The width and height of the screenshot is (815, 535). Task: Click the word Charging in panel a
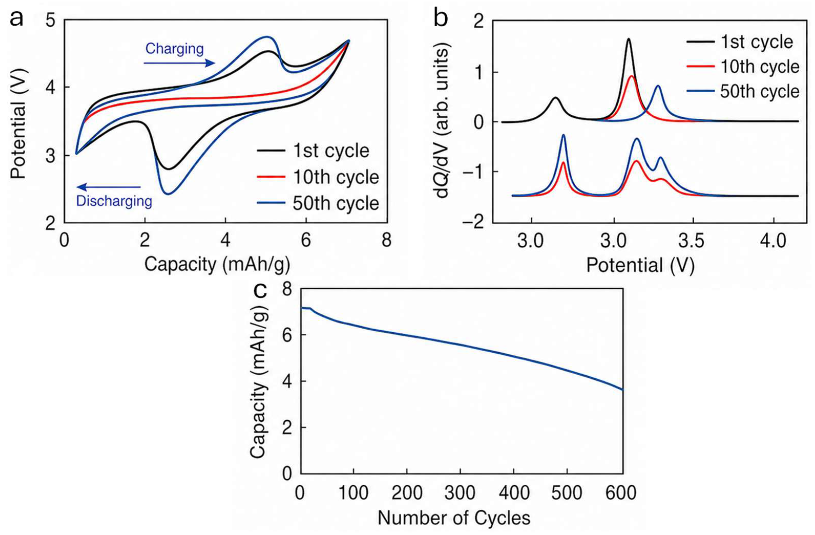coord(174,49)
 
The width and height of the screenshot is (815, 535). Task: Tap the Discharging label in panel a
coord(114,201)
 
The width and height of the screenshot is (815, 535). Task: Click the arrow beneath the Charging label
coord(179,63)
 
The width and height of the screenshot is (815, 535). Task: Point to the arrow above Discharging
coord(109,187)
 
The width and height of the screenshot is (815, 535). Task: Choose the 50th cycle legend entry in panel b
coord(743,91)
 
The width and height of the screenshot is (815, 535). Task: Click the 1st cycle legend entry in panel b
coord(740,42)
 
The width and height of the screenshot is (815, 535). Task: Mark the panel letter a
coord(16,19)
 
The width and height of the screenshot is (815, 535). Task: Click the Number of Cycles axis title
coord(454,518)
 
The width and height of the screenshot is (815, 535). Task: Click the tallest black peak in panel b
coord(628,49)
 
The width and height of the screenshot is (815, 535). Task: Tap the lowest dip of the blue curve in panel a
coord(167,194)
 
